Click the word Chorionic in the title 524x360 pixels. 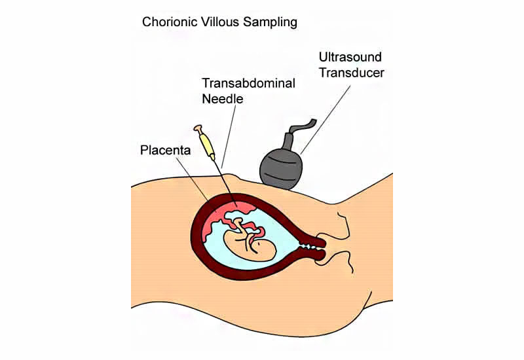(170, 22)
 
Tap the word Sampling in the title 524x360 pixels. (270, 23)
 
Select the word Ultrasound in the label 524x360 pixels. (350, 57)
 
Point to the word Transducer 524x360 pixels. (352, 73)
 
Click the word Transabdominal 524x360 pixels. (248, 83)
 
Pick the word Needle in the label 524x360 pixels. (222, 99)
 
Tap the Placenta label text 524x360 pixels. (165, 151)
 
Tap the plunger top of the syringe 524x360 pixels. (198, 128)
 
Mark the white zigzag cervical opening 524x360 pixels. (307, 247)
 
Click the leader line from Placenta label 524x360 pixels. (193, 180)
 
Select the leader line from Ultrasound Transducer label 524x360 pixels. (325, 120)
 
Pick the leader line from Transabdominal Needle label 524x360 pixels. (229, 136)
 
